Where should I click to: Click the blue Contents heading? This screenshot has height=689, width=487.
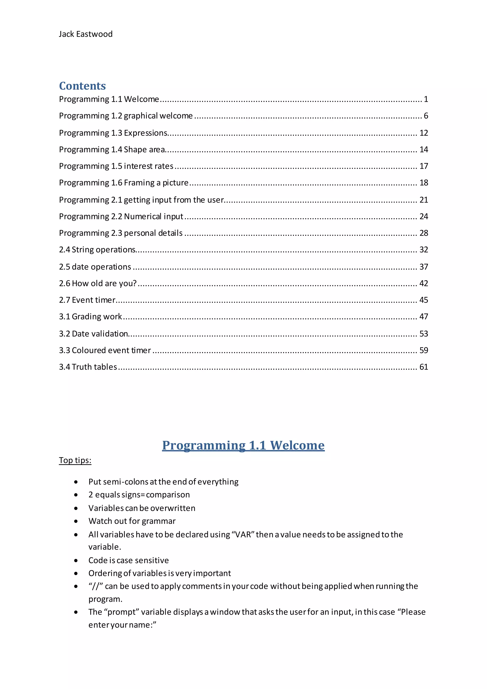(x=82, y=86)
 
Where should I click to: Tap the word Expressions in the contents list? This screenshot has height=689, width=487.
(x=146, y=133)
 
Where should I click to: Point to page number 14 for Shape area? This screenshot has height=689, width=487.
(x=424, y=149)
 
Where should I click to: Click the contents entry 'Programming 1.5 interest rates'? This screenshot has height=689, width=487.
(x=116, y=166)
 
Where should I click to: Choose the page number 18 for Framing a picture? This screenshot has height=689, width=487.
(x=424, y=183)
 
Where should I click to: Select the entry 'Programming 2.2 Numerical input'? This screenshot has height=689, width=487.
(x=121, y=216)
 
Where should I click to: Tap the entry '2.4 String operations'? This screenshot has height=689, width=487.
(x=97, y=250)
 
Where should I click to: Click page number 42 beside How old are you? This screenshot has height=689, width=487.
(x=424, y=283)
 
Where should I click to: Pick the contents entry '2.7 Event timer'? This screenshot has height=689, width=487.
(x=87, y=300)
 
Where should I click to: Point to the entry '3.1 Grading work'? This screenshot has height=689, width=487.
(x=90, y=317)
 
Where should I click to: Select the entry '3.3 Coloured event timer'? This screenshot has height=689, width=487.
(x=105, y=350)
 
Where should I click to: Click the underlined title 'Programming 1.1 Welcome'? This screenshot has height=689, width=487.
(x=243, y=445)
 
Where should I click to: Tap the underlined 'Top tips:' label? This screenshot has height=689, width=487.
(x=75, y=460)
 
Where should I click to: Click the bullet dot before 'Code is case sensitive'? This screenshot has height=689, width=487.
(x=76, y=560)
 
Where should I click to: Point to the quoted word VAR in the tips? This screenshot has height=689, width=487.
(x=243, y=534)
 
